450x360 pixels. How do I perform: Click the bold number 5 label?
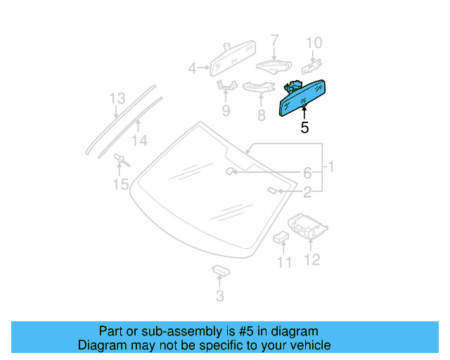pos(304,128)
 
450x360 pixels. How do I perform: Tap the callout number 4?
pos(192,68)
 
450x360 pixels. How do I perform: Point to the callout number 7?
pos(274,40)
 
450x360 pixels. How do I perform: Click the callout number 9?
pos(226,110)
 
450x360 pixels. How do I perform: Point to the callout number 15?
pos(121,185)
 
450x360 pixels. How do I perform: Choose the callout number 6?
pos(307,173)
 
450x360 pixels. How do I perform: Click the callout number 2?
pos(307,191)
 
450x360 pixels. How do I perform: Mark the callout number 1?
pos(330,167)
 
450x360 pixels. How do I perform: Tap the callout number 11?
pos(283,262)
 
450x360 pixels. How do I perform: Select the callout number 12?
pos(312,259)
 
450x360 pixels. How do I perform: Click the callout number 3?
pos(220,297)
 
